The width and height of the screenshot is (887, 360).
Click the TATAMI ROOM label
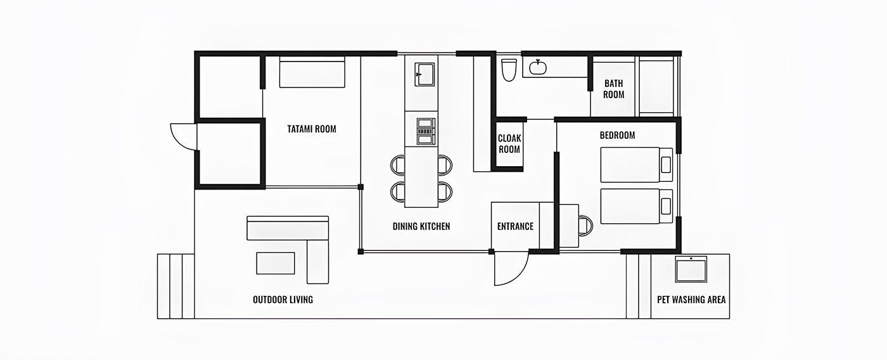click(x=312, y=129)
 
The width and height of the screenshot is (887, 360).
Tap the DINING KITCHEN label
click(x=421, y=226)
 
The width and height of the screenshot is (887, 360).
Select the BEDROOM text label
click(x=617, y=135)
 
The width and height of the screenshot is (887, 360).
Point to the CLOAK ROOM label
click(x=509, y=144)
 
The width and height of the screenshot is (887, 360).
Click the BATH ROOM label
click(x=613, y=89)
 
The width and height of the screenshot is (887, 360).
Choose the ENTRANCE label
click(x=515, y=226)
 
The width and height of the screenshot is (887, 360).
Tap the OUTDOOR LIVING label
click(x=283, y=299)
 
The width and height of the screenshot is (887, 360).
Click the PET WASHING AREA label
click(x=691, y=299)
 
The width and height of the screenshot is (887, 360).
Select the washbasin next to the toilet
click(x=538, y=67)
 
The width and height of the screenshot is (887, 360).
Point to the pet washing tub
click(x=691, y=270)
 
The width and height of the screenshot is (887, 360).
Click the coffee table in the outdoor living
click(x=275, y=263)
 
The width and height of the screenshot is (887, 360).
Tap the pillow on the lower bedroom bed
click(x=665, y=206)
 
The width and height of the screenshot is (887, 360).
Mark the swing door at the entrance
click(x=511, y=268)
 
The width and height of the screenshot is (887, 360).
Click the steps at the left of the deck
click(x=175, y=286)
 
